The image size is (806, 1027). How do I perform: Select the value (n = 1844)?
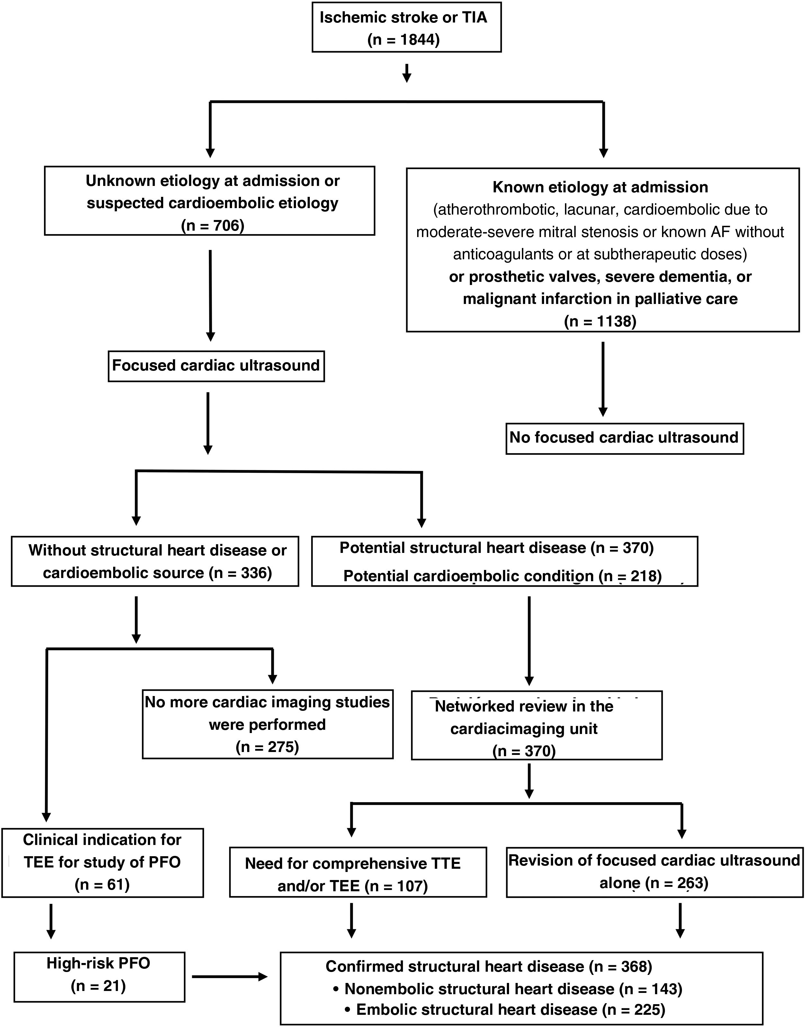(403, 40)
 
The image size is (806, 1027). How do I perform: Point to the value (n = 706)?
(213, 225)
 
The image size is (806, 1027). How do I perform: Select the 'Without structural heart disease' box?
(155, 562)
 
